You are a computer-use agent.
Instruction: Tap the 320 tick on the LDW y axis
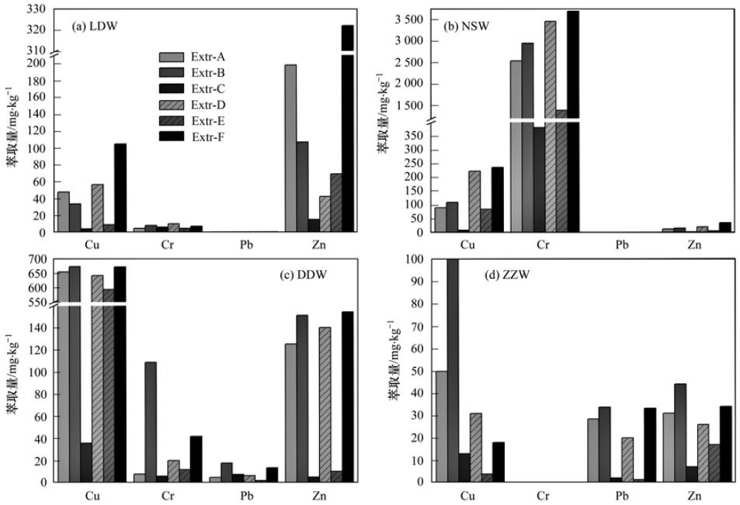[39, 30]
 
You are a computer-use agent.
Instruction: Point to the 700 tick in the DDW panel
[39, 259]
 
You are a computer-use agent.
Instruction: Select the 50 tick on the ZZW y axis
[417, 372]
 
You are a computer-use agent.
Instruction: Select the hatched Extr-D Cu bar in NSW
[474, 202]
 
